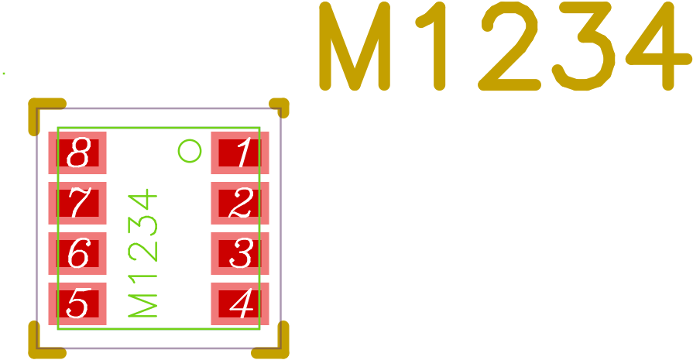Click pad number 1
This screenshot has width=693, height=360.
coord(240,153)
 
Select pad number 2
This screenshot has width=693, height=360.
coord(240,203)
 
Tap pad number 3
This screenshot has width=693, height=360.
coord(240,253)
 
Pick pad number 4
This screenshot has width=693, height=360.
coord(240,303)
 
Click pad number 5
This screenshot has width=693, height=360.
coord(77,303)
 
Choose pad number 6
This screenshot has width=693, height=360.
coord(77,253)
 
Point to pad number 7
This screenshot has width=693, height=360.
coord(77,203)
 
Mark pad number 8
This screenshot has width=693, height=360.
coord(77,153)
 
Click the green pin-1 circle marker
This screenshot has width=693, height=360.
coord(190,151)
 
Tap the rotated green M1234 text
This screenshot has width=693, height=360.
coord(143,254)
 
